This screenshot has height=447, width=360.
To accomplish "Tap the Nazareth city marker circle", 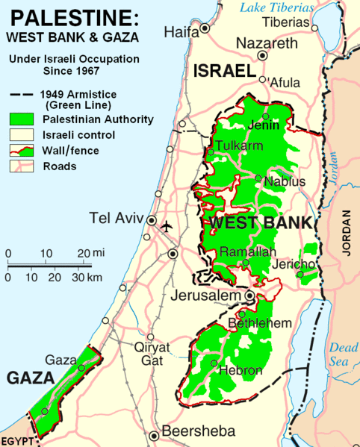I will point(262,55).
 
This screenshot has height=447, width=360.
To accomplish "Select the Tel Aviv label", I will point(116,219).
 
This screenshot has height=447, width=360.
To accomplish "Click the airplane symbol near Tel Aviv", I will point(167,225).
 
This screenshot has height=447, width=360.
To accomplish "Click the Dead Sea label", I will point(344,354).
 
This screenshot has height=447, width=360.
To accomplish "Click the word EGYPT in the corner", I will point(17,440).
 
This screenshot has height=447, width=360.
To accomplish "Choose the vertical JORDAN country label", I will point(346,234).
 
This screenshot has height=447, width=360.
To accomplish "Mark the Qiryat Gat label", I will point(152,352).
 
